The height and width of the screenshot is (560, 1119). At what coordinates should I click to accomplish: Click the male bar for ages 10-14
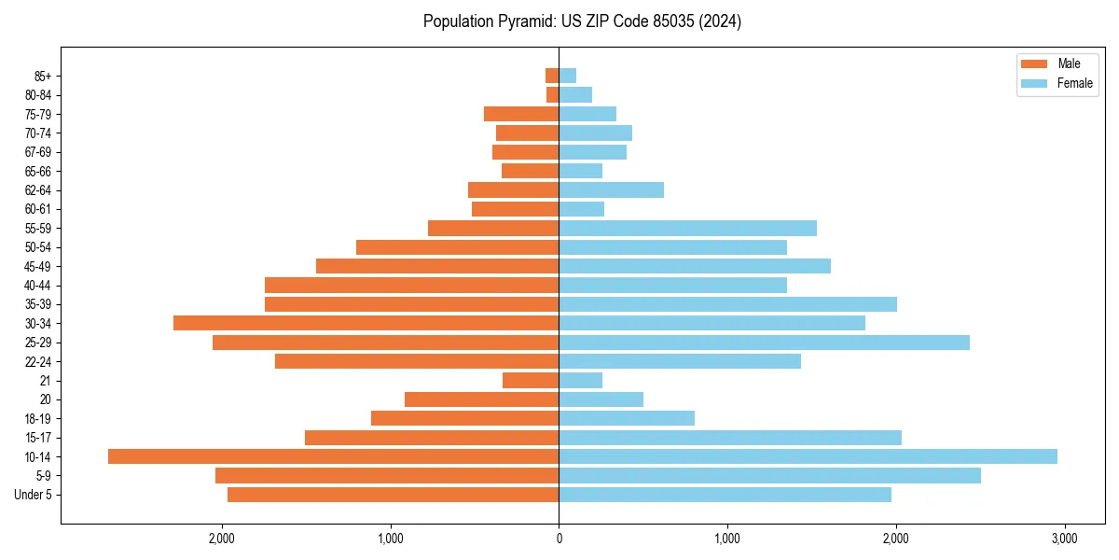(x=333, y=456)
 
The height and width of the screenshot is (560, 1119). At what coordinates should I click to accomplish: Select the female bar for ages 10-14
(x=808, y=456)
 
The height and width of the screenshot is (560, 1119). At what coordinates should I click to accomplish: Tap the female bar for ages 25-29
(x=764, y=343)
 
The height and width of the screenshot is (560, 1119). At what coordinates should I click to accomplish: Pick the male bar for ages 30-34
(x=366, y=323)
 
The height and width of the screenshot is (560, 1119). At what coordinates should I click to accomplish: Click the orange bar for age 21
(x=531, y=380)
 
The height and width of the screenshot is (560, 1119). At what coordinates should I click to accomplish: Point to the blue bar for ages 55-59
(x=687, y=228)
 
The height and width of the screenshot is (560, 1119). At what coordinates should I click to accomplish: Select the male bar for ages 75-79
(x=521, y=114)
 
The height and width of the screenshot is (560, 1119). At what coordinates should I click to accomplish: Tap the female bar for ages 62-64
(x=611, y=189)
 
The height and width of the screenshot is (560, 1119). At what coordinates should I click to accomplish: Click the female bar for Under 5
(x=725, y=495)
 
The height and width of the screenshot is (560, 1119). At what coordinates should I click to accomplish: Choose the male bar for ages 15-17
(x=432, y=438)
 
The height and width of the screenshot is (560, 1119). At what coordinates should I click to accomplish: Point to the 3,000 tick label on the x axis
(x=1064, y=539)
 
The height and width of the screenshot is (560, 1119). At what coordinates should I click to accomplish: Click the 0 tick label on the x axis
(x=559, y=539)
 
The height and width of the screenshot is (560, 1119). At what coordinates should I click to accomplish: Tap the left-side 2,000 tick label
(x=222, y=539)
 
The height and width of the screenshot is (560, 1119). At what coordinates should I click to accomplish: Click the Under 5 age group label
(x=34, y=495)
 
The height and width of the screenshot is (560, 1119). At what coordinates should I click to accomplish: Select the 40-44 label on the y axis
(x=37, y=286)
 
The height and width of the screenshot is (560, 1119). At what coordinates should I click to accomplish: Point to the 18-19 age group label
(x=37, y=418)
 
